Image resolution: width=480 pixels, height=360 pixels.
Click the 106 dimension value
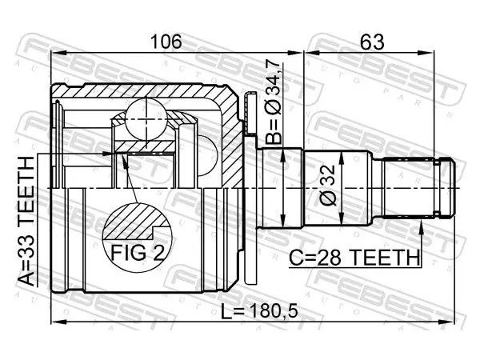(167, 42)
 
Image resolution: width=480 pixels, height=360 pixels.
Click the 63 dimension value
(372, 42)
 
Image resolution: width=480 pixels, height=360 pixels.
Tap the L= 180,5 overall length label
(259, 312)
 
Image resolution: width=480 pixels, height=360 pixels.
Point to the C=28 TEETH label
(354, 258)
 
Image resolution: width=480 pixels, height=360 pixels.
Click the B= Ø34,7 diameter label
(273, 102)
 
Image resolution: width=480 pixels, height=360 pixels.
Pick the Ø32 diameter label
(328, 186)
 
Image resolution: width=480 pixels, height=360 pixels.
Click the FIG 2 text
(138, 253)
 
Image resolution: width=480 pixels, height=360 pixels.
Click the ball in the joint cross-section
(146, 118)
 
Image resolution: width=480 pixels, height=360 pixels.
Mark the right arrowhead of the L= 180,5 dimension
(447, 322)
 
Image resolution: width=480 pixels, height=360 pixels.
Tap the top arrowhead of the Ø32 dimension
(342, 159)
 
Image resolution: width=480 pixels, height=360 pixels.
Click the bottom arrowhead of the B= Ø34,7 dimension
(284, 220)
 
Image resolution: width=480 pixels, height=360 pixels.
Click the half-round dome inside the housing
(207, 156)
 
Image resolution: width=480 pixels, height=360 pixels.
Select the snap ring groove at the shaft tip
(438, 187)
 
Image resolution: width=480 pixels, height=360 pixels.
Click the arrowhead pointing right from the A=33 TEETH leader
(107, 154)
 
